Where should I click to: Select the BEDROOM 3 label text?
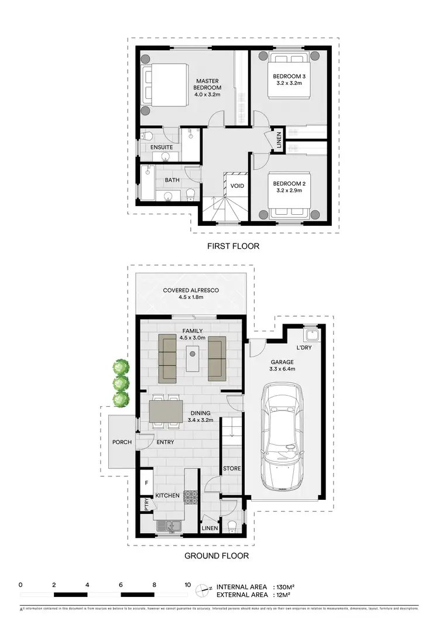coord(289,80)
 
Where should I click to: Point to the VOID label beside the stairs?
coord(237,187)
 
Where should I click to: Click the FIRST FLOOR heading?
coord(233,246)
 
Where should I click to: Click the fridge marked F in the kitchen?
coord(146,483)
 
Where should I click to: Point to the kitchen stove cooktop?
coord(191,497)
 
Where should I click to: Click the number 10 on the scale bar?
coord(187,584)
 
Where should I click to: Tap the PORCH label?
coord(122,442)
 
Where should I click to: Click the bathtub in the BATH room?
coord(148,184)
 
